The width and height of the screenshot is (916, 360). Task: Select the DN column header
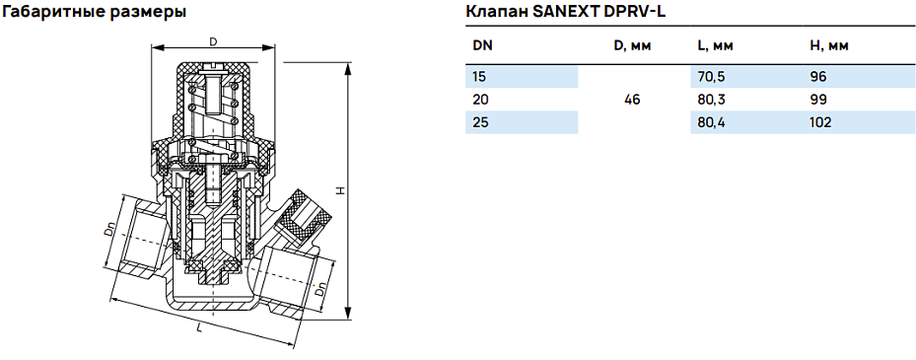482,46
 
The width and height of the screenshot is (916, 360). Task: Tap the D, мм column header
633,46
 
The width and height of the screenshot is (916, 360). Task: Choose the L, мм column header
715,46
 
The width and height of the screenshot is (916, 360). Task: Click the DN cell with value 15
480,76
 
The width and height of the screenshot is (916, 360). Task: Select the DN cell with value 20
481,100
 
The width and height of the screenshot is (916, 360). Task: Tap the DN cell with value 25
481,122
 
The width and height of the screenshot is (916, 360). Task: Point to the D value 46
633,100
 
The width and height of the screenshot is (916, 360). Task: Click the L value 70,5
712,76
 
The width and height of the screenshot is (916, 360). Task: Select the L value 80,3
712,100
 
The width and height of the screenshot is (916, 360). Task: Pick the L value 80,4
712,122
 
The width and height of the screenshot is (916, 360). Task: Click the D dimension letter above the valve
213,41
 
